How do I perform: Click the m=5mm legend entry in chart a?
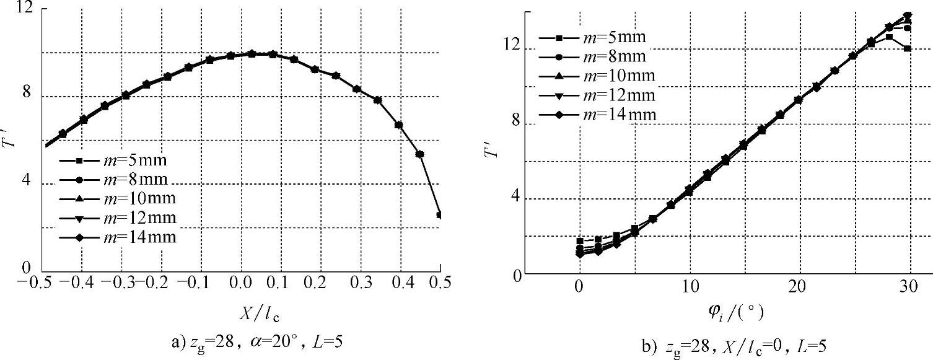pyautogui.click(x=117, y=160)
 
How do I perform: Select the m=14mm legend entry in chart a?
pyautogui.click(x=117, y=237)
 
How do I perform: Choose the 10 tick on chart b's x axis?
pyautogui.click(x=689, y=288)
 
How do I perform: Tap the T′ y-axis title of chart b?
pyautogui.click(x=494, y=149)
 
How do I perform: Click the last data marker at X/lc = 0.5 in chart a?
pyautogui.click(x=440, y=215)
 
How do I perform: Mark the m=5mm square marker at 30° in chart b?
pyautogui.click(x=907, y=48)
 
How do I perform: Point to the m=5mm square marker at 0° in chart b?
pyautogui.click(x=580, y=241)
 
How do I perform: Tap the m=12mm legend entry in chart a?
pyautogui.click(x=117, y=218)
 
